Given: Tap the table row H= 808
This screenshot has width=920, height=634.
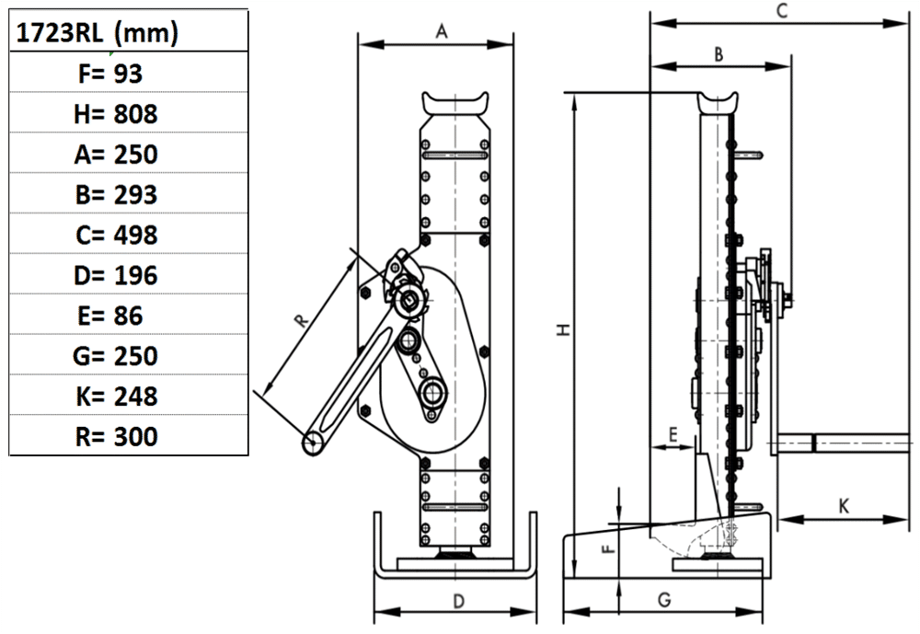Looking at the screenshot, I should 116,114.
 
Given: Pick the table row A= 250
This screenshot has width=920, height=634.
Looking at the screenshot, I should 116,154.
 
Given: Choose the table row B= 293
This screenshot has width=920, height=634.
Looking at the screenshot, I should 116,194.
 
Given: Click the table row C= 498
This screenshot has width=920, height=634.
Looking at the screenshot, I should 116,235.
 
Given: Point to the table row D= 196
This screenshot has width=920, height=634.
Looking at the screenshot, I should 116,275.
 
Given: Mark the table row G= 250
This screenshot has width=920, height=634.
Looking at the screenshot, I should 116,356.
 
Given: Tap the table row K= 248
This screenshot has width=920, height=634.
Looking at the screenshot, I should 116,397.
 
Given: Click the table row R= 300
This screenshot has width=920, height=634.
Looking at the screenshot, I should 116,436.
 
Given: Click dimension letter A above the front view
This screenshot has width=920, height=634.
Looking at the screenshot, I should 442,32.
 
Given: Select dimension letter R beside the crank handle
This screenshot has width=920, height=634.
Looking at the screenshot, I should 298,320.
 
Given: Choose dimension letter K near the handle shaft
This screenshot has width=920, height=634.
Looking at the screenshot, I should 844,505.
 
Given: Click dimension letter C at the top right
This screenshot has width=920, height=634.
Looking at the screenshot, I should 782,11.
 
